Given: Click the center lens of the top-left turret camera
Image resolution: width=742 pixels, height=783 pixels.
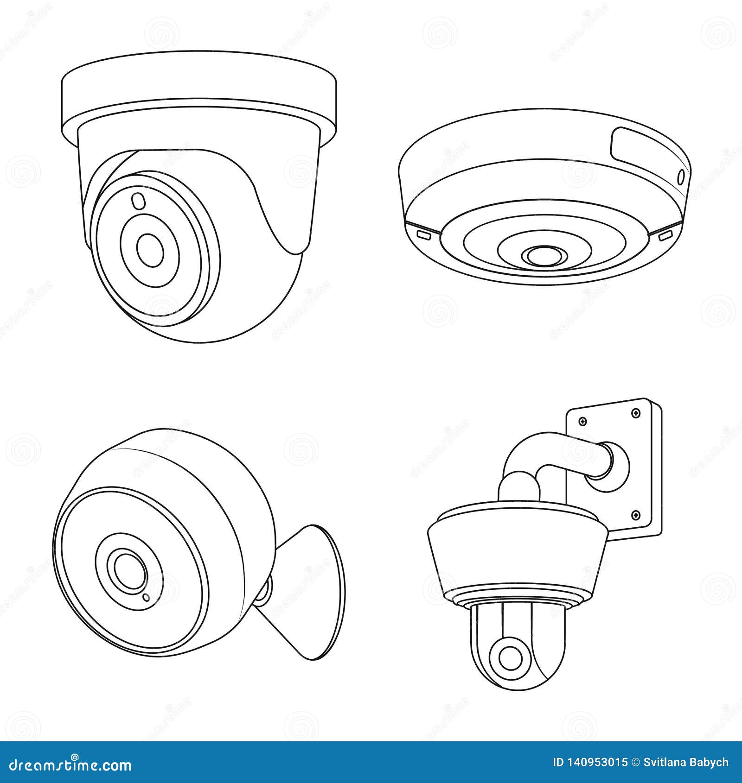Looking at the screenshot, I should (150, 251).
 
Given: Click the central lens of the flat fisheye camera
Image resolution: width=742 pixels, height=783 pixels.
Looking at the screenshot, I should (544, 256).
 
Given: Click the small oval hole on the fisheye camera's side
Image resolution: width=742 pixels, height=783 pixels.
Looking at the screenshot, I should (681, 177).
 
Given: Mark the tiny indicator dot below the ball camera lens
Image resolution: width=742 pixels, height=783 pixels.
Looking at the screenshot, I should (146, 597).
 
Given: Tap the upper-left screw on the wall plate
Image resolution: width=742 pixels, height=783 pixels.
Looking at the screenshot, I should (583, 421).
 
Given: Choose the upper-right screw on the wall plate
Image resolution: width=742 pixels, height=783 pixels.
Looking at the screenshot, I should (636, 412).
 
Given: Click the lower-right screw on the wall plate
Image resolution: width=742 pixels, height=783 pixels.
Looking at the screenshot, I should (636, 514).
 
